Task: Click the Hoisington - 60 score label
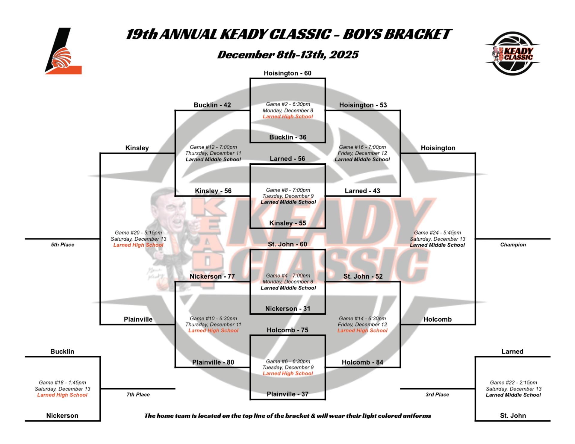point(287,73)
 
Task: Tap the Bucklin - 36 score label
point(287,137)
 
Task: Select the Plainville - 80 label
point(213,362)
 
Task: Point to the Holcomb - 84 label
point(362,362)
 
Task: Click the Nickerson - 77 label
point(212,276)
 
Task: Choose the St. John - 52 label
point(363,276)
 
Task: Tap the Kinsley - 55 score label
point(287,223)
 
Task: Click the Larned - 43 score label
point(362,191)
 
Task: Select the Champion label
point(513,245)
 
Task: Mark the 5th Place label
point(62,245)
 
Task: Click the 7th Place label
point(138,395)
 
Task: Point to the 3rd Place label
point(437,395)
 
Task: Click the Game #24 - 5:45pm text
point(437,233)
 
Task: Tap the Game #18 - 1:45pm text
point(62,383)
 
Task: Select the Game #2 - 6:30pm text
point(288,104)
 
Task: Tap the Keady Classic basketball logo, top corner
point(512,53)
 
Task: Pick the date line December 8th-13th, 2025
point(287,55)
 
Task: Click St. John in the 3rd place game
point(513,416)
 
